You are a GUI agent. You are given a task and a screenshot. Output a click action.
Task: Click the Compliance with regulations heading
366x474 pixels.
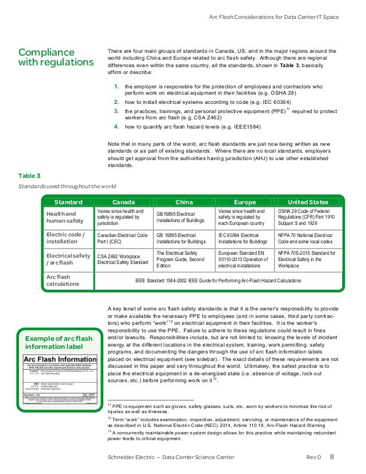[x=55, y=57]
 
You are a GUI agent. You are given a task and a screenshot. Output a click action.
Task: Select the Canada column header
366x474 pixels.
[x=124, y=202]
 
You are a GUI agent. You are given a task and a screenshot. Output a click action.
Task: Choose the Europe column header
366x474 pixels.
[x=245, y=202]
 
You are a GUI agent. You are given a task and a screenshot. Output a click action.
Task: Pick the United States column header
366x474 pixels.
[x=307, y=202]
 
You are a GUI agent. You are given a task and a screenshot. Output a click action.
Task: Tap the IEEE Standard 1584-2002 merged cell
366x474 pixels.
[x=218, y=280]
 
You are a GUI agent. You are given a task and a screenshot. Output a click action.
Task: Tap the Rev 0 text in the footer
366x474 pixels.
[x=314, y=457]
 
